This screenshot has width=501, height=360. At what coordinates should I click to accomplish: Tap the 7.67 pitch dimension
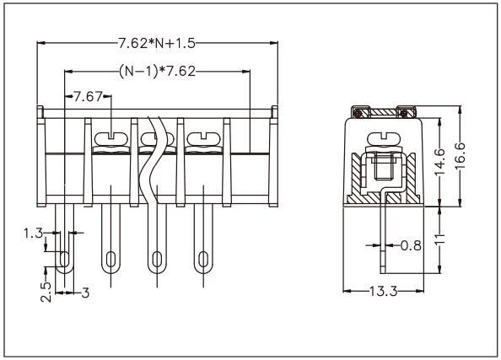(x=87, y=97)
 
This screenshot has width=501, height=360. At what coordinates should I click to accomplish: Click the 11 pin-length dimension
(x=439, y=239)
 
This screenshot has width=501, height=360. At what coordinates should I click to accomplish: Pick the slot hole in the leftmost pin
(x=63, y=258)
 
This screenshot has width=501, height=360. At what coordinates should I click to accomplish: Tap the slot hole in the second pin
(x=110, y=258)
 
